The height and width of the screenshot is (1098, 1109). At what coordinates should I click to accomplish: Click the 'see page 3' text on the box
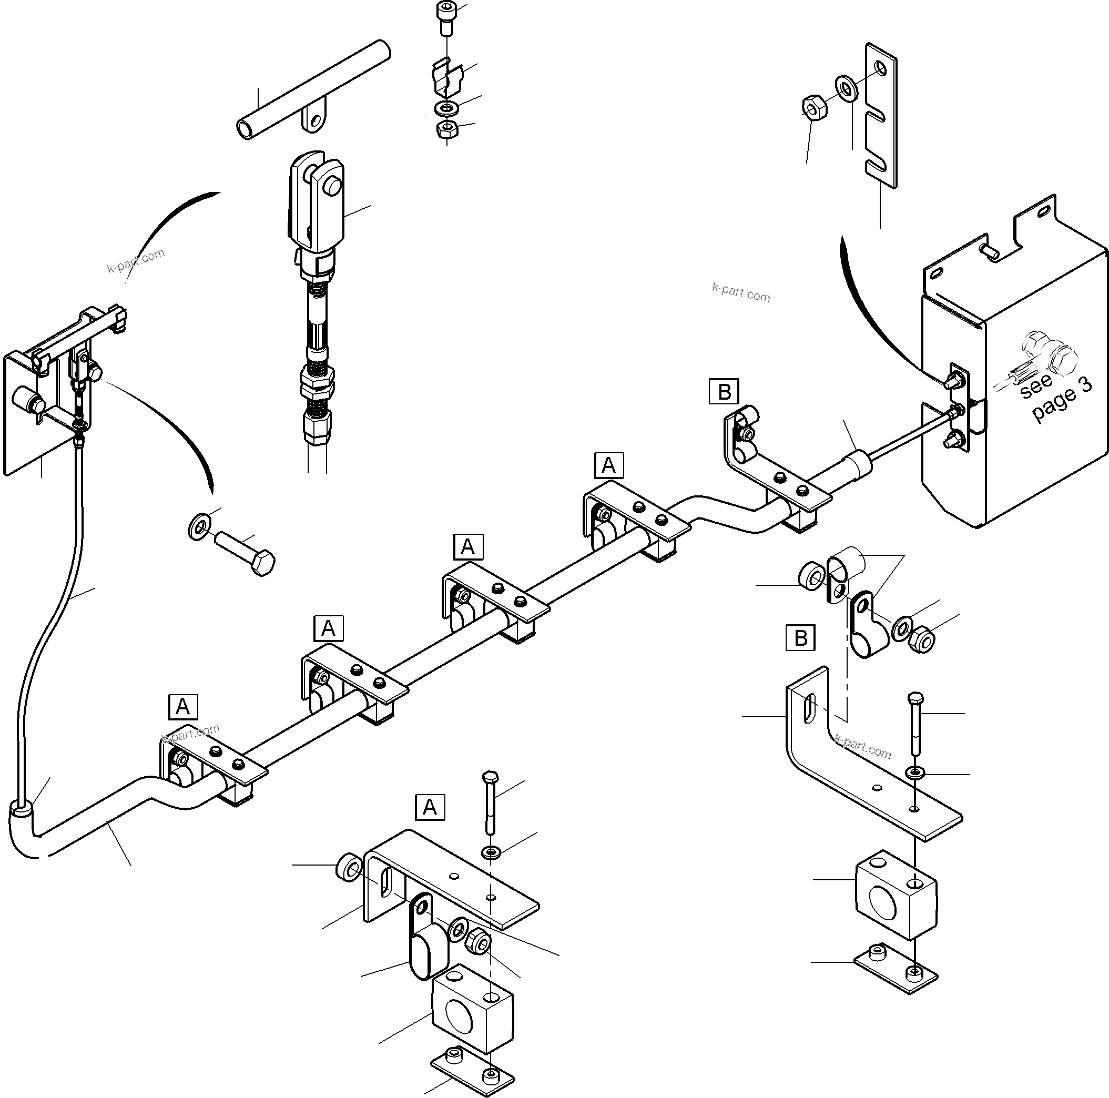click(1055, 396)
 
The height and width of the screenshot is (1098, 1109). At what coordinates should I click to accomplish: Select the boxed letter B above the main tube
click(724, 392)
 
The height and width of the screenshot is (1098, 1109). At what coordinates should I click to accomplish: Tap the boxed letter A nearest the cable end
click(183, 707)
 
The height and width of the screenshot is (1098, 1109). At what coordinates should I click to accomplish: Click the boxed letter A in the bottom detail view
click(430, 808)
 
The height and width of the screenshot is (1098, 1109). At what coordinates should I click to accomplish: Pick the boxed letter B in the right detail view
click(800, 638)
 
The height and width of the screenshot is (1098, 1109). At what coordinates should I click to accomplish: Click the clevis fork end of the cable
click(316, 201)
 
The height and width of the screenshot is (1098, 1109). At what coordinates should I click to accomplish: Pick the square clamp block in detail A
click(472, 1016)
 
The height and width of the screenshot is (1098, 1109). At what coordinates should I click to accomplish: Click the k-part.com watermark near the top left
click(136, 261)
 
